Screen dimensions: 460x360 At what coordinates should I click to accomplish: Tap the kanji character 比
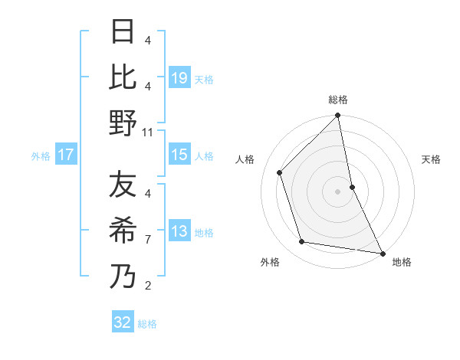(123, 77)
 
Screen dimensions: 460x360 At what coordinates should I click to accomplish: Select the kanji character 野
(123, 123)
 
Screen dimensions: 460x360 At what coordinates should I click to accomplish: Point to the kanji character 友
(123, 185)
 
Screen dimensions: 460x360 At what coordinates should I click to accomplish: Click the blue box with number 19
(179, 77)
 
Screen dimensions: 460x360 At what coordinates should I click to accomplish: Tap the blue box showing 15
(179, 155)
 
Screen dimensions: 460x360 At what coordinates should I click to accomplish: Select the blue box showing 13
(179, 231)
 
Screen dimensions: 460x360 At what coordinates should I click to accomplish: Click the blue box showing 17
(65, 155)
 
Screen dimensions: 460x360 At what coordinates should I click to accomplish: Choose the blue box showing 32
(123, 322)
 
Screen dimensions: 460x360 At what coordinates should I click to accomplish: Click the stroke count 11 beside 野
(148, 132)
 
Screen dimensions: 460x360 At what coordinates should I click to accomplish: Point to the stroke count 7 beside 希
(148, 240)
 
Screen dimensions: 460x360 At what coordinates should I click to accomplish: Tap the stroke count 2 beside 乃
(148, 286)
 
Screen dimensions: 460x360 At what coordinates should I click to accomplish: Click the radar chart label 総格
(338, 100)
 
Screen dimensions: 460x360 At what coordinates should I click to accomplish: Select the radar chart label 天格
(432, 159)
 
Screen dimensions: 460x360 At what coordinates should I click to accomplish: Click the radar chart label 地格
(402, 262)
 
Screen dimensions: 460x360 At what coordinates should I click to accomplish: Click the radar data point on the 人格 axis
(280, 172)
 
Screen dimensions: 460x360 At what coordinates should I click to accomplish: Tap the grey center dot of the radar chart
(338, 191)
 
